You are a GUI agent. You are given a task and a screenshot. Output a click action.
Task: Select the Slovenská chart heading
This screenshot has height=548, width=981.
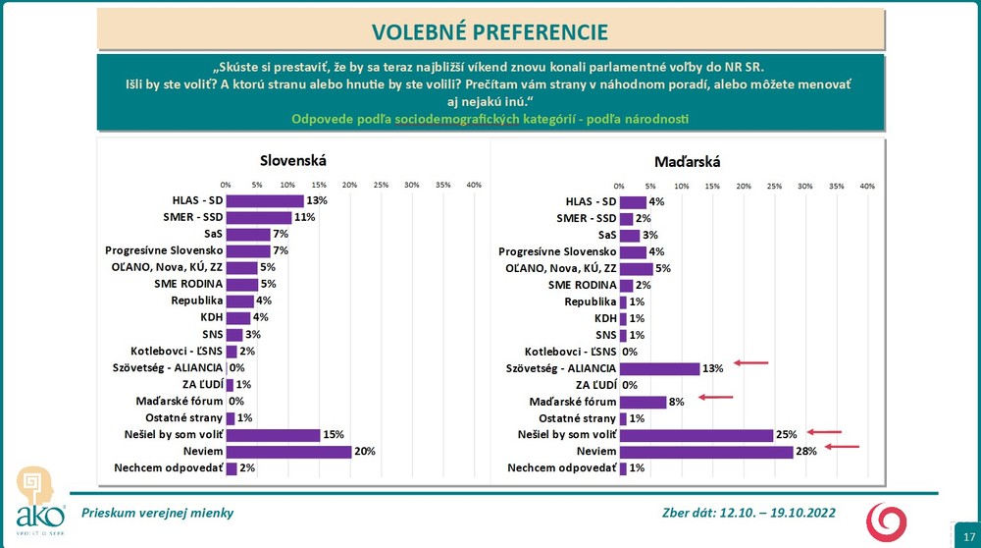[292, 160]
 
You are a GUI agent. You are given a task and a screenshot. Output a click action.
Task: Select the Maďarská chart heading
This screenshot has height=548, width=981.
[686, 160]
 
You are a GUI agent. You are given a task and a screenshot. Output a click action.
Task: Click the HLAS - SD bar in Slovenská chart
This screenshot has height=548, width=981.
[265, 200]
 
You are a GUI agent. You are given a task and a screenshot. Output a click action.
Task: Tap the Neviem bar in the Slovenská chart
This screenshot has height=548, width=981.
[288, 452]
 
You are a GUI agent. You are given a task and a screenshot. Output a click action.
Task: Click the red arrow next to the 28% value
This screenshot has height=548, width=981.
[842, 448]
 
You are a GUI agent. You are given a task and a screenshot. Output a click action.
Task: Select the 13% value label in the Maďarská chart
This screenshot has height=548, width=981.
[712, 368]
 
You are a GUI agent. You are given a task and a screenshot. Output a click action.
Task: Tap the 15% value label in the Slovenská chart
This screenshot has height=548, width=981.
[334, 435]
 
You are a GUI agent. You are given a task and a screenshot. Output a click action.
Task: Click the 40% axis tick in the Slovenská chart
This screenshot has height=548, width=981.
[473, 184]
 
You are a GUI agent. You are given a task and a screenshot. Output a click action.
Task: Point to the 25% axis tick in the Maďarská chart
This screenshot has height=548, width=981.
[774, 184]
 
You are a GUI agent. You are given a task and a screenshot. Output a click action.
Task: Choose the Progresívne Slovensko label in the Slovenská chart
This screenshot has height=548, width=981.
[164, 250]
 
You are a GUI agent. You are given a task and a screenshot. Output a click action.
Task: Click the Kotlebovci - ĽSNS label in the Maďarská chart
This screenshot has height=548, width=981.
[570, 351]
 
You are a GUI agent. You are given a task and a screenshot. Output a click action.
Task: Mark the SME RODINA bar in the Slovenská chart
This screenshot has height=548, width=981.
[241, 284]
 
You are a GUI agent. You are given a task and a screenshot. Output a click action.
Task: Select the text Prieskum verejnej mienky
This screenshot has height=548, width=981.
[157, 513]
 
